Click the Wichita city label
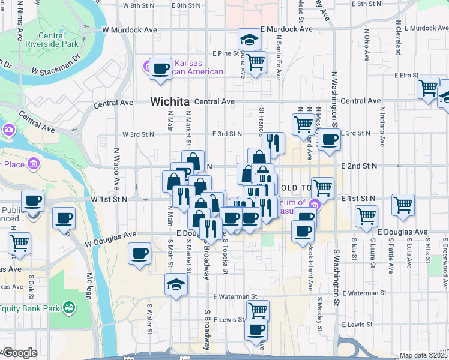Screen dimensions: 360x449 pos(170,101)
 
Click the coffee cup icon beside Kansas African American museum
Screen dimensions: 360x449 pos(160,68)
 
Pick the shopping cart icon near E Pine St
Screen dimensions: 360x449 pos(256,61)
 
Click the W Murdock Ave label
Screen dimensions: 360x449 pos(130,29)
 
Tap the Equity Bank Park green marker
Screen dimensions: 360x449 pos(70,308)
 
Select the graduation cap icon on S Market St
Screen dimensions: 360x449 pos(176,284)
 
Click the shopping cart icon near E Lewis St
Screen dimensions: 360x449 pos(257,310)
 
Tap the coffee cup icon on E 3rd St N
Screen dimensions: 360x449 pos(328,139)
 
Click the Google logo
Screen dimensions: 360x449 pos(19,353)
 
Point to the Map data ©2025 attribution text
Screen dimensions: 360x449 pos(424,355)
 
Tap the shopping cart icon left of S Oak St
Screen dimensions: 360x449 pos(20,244)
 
